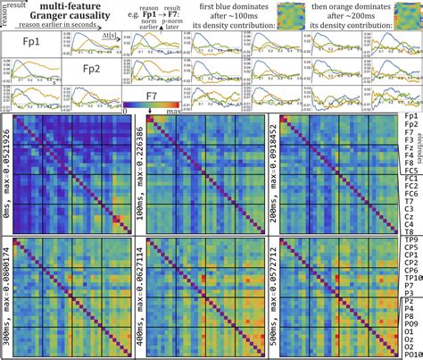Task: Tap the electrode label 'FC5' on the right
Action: coord(411,171)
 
